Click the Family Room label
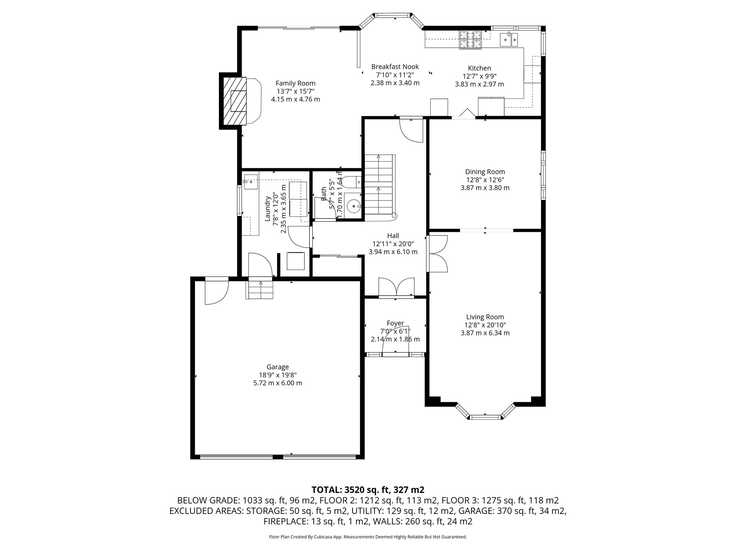pyautogui.click(x=295, y=83)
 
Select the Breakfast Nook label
pyautogui.click(x=395, y=67)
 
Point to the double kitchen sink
pyautogui.click(x=508, y=39)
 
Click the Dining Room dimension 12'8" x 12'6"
pyautogui.click(x=485, y=180)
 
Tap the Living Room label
pyautogui.click(x=485, y=317)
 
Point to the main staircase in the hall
pyautogui.click(x=379, y=185)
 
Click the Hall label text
pyautogui.click(x=393, y=236)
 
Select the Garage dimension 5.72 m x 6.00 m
pyautogui.click(x=277, y=383)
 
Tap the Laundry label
pyautogui.click(x=267, y=208)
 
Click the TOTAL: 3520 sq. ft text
pyautogui.click(x=368, y=489)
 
